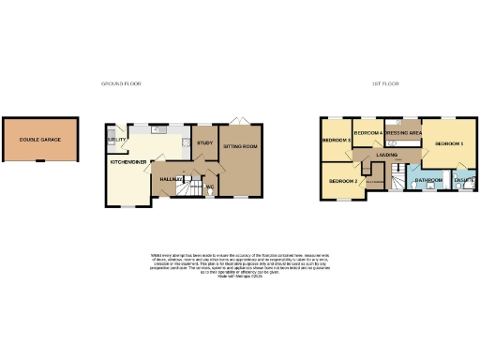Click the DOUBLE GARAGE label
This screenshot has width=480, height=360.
tap(40, 140)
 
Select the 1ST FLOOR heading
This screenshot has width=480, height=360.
tap(384, 83)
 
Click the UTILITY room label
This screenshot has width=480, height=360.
tap(117, 139)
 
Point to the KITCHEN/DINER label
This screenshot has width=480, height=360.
tap(127, 161)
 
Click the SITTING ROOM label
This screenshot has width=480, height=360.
tap(240, 147)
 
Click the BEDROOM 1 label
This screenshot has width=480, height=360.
tap(448, 143)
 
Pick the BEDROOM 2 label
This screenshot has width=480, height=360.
tap(342, 180)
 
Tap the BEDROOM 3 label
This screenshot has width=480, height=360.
tap(336, 141)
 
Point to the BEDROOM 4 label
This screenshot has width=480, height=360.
tap(369, 134)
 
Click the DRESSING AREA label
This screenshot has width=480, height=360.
tap(405, 134)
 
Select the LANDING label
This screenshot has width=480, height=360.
tap(386, 154)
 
